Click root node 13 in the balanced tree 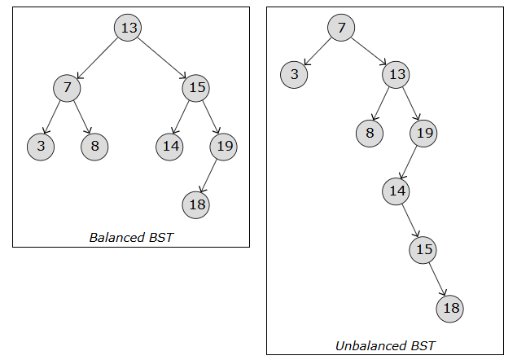(129, 29)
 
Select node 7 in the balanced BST (68, 87)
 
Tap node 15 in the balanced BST (197, 87)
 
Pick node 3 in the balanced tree (40, 147)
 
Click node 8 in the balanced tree (94, 147)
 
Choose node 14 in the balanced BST (169, 147)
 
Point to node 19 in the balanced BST (223, 147)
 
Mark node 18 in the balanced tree (196, 204)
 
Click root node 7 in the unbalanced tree (341, 29)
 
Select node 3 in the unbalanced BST (294, 75)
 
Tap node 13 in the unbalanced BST (396, 75)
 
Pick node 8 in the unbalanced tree (369, 133)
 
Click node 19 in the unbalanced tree (423, 133)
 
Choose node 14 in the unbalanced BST (396, 191)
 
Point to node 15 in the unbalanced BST (423, 249)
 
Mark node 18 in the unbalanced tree (450, 308)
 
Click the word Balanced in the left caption (117, 238)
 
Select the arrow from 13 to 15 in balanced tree (163, 57)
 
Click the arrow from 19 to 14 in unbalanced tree (410, 161)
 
